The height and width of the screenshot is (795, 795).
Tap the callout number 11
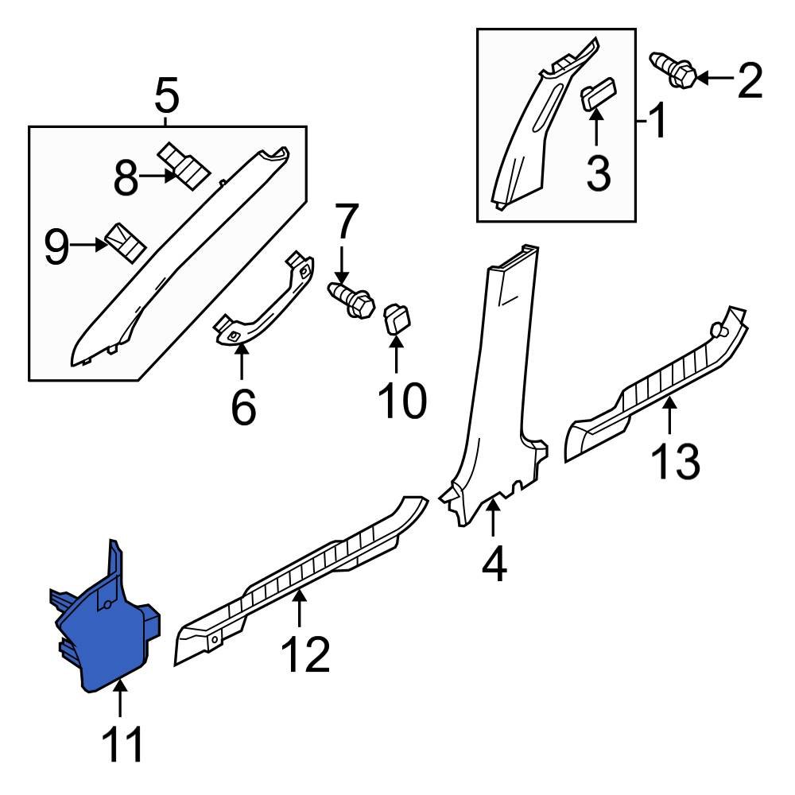[123, 746]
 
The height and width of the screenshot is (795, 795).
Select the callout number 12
[304, 654]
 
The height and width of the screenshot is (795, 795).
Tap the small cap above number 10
[397, 320]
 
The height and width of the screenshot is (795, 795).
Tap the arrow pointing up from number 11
[120, 700]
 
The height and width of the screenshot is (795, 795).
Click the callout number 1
[658, 122]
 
